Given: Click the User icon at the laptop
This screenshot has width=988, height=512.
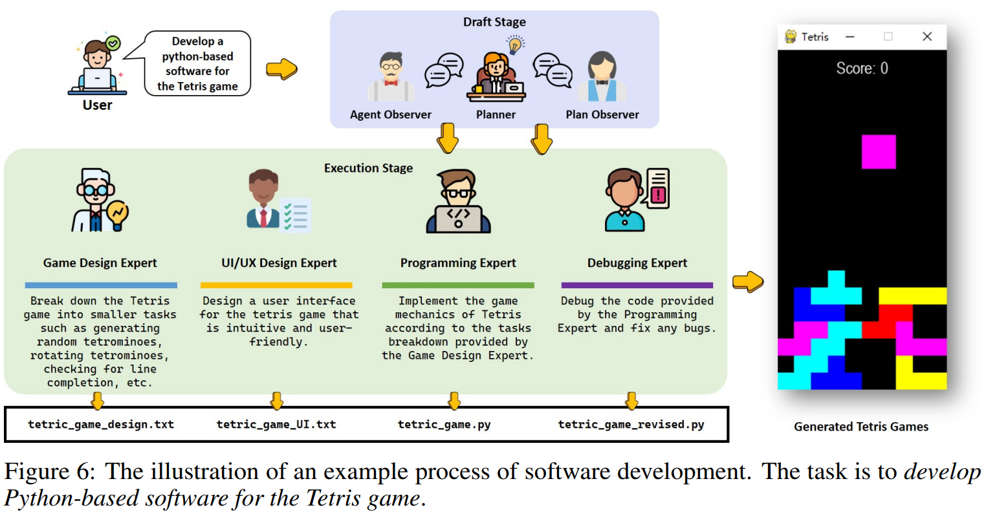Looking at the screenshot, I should point(97,67).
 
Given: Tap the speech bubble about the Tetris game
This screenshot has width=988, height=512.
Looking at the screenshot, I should point(197,64).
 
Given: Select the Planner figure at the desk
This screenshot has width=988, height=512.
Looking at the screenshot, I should point(496,77).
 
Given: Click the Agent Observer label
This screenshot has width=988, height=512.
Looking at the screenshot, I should point(390,114).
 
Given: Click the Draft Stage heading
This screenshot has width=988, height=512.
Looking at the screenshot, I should point(494,22).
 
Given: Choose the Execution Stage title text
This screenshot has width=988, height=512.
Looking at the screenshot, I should point(368,168).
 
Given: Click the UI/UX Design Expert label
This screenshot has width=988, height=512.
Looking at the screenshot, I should point(279,263).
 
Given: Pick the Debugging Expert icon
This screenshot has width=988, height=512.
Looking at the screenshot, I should point(637,200).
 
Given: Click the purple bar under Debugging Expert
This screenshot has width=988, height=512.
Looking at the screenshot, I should point(637,285).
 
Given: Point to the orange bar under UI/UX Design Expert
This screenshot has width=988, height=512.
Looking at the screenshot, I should point(276,285).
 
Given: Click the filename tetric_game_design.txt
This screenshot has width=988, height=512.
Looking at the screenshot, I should point(101,425).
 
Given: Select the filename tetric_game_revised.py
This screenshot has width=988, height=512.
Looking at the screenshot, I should point(631,425).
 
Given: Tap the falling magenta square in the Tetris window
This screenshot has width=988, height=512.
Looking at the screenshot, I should point(879,152).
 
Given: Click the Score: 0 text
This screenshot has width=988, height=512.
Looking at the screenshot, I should point(862,69).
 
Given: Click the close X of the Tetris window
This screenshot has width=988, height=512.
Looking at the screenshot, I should point(927,37).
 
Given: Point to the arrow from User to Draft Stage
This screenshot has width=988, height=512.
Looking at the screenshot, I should point(281,69).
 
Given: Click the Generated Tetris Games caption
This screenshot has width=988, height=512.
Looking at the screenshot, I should point(861,427).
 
